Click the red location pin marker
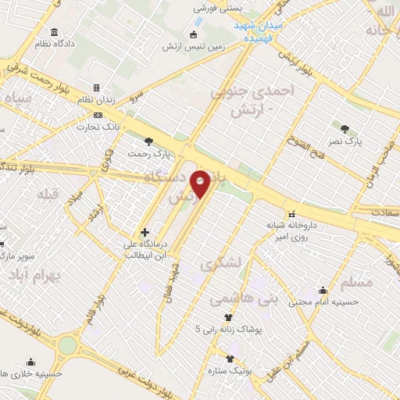point(201,184)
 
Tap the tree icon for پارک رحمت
point(149,141)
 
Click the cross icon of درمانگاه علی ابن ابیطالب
point(145,232)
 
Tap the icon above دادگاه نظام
point(54,32)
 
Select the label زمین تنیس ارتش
point(215,45)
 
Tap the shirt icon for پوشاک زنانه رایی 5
point(228,318)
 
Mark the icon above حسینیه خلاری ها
point(30,362)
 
